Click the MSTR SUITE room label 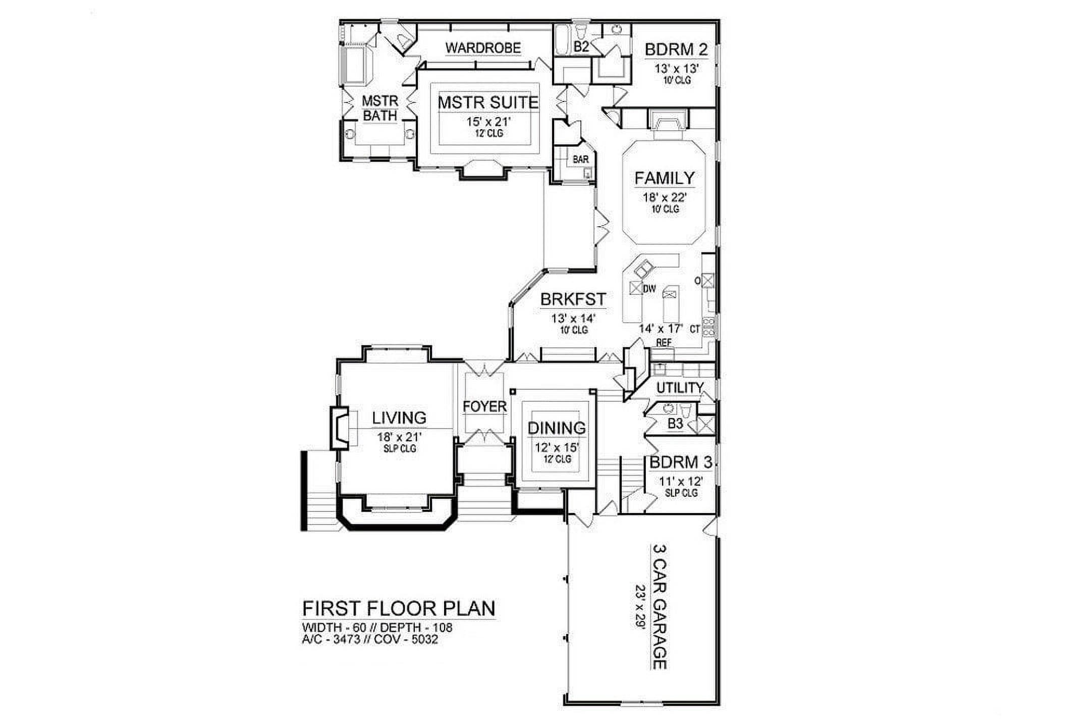488,102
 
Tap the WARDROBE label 483,48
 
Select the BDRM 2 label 676,49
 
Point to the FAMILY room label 665,178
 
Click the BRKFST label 573,299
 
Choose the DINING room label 557,428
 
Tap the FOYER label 484,406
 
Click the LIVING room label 399,418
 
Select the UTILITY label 680,388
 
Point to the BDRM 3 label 681,462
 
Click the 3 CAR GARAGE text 660,606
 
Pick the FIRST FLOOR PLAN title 399,608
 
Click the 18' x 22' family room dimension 665,197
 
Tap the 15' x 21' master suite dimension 488,122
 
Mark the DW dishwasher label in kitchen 649,289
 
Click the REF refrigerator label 664,342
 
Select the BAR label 580,160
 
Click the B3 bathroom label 675,424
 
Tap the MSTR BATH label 380,108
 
